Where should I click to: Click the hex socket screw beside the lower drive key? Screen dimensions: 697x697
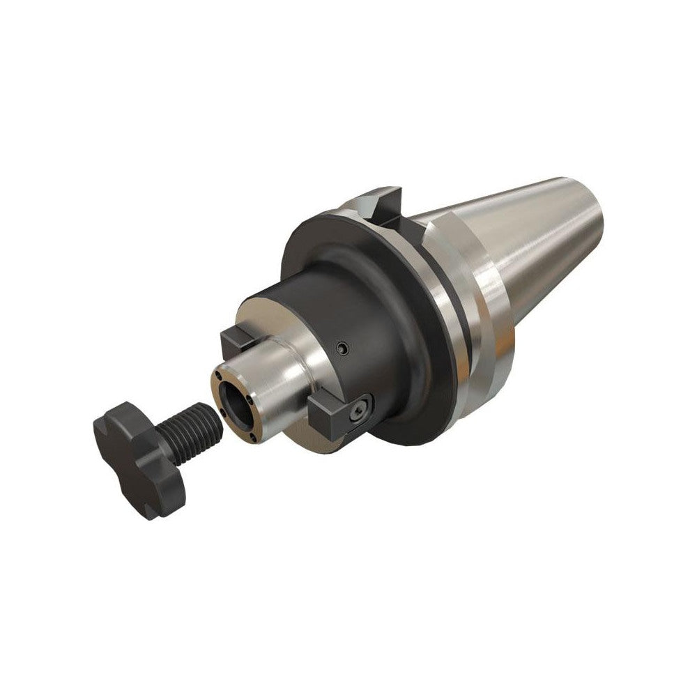pos(360,415)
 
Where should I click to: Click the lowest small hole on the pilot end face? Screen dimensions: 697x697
pos(250,438)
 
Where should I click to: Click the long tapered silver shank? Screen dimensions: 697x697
pos(530,237)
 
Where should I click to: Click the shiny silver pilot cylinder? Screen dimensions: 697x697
pos(279,376)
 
